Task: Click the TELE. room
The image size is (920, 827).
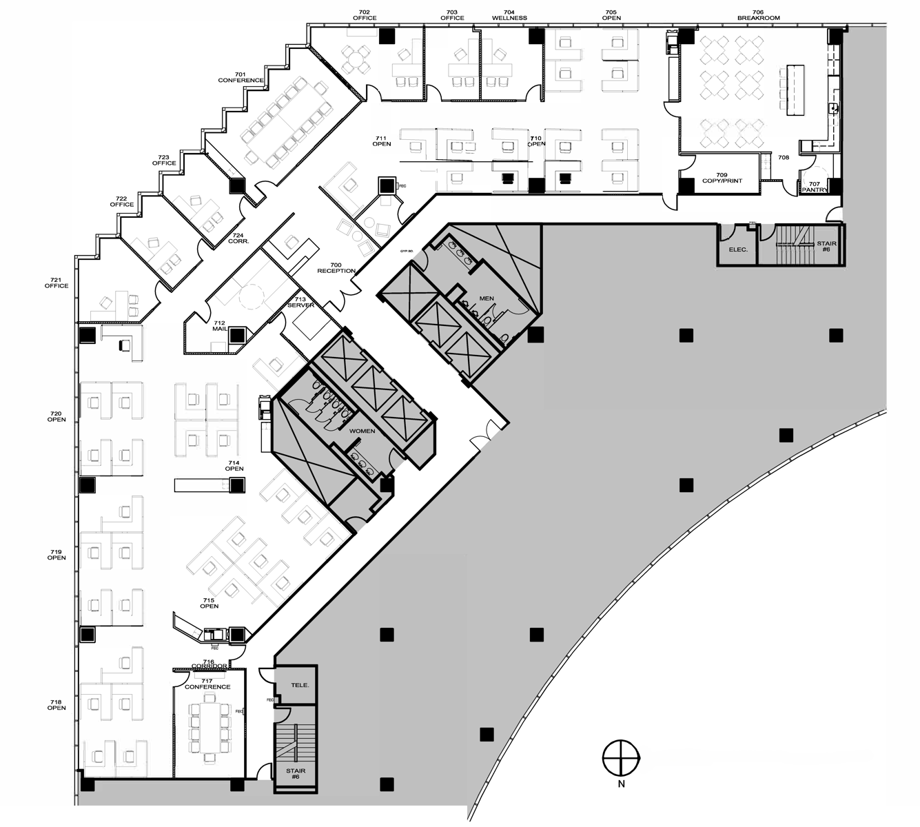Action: [x=300, y=685]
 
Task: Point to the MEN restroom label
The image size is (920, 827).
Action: [x=487, y=298]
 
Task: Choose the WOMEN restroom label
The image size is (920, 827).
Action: [x=362, y=431]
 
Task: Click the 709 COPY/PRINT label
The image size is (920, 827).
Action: [x=722, y=178]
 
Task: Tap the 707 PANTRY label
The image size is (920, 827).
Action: [x=814, y=187]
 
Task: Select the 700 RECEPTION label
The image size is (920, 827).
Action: [x=336, y=268]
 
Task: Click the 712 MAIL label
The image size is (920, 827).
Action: [x=219, y=326]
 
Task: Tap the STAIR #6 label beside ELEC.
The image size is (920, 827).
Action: [x=826, y=247]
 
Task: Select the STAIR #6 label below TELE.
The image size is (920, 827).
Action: [x=295, y=773]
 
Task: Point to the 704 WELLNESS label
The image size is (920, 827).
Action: [x=509, y=15]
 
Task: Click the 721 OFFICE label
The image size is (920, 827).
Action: [x=57, y=283]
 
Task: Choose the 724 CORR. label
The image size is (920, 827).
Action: [x=238, y=238]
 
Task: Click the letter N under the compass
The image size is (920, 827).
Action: [x=621, y=784]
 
